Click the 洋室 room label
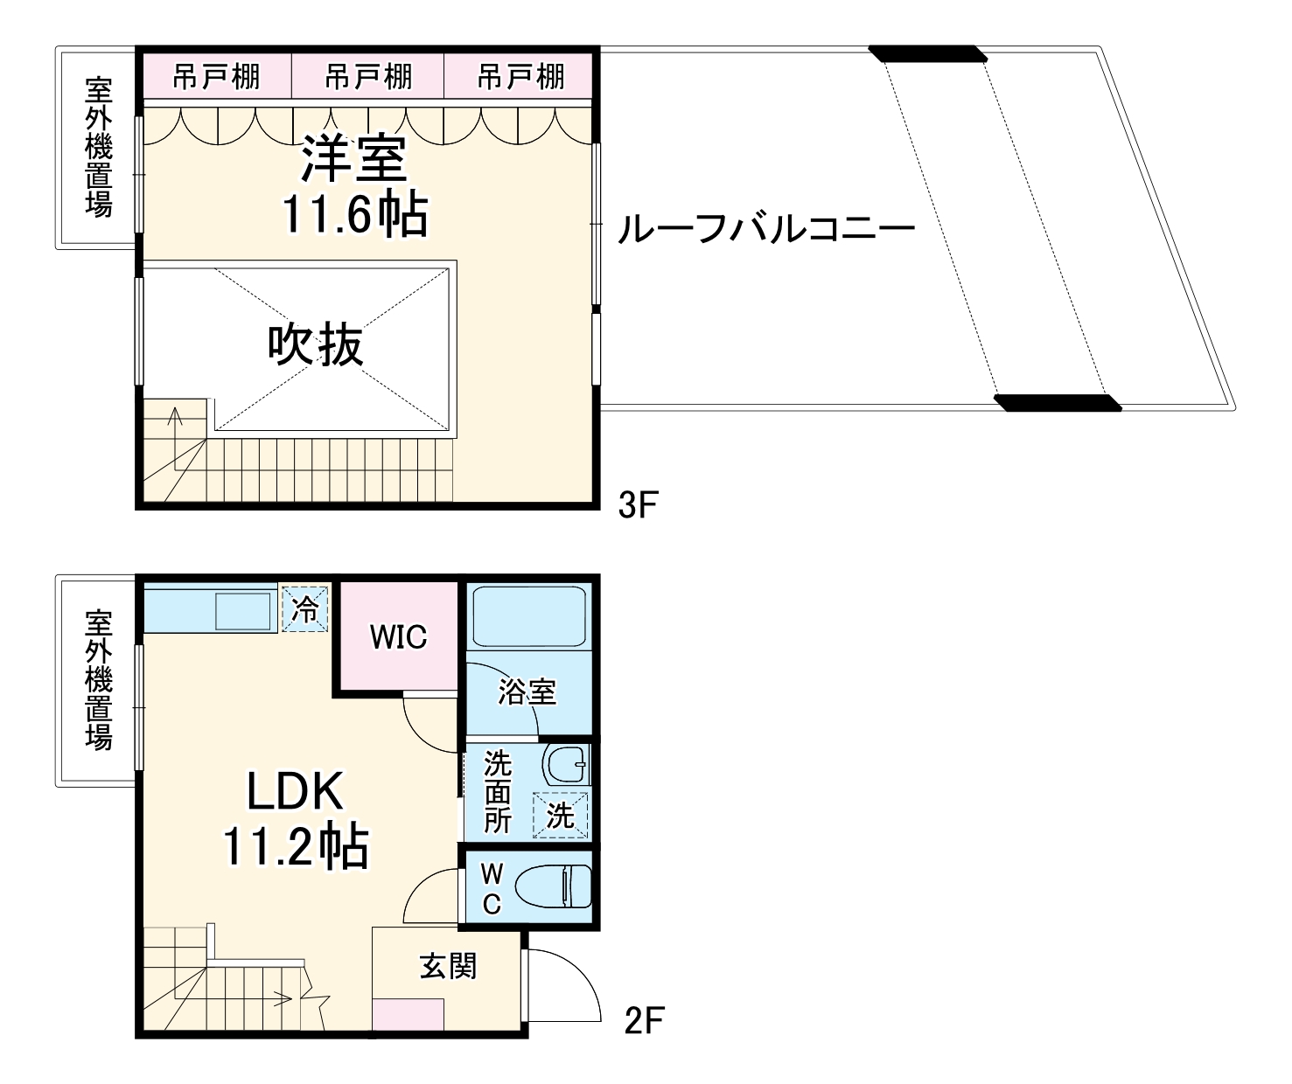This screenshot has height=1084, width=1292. (354, 158)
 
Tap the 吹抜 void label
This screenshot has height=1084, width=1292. (315, 344)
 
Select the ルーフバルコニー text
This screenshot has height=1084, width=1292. (766, 229)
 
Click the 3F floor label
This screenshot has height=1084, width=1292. (637, 504)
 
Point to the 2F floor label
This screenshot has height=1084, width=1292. (645, 1020)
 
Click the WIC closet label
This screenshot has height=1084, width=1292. (398, 637)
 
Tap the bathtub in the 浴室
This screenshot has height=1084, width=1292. (528, 616)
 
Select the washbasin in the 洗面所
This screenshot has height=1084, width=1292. (565, 764)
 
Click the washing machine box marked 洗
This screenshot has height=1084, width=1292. (561, 816)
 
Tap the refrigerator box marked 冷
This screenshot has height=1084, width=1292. (305, 608)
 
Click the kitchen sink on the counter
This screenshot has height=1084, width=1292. (243, 610)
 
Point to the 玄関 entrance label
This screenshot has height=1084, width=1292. (448, 966)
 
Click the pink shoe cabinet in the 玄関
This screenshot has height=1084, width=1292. (408, 1014)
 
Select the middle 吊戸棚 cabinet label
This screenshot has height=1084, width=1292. (368, 77)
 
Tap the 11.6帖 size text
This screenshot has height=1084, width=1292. (354, 213)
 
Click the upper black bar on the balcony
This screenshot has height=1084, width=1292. (928, 53)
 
